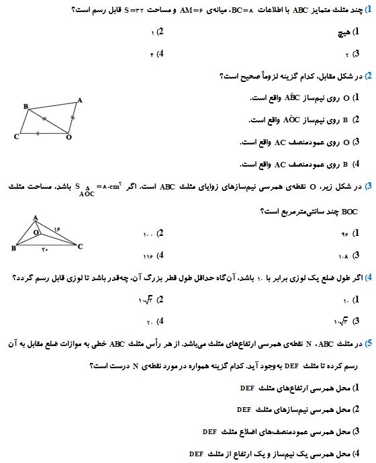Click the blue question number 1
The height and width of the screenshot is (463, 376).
(369, 8)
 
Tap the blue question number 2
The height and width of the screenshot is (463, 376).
(369, 76)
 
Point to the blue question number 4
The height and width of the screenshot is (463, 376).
(369, 276)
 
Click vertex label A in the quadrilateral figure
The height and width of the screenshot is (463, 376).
(81, 100)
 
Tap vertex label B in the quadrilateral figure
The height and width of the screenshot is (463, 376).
(26, 107)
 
